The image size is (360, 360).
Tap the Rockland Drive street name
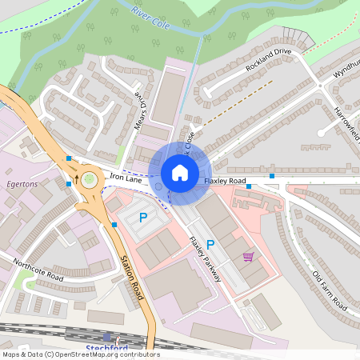(x=270, y=59)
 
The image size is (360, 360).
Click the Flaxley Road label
(x=225, y=182)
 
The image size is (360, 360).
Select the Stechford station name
(x=105, y=348)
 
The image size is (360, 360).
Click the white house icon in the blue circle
(x=180, y=172)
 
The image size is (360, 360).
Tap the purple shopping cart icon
(x=248, y=257)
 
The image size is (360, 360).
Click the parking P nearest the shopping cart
(x=211, y=244)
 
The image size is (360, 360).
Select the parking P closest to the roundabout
(x=144, y=217)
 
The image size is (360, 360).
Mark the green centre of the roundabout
(x=88, y=179)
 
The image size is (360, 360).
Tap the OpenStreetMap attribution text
(x=80, y=354)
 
